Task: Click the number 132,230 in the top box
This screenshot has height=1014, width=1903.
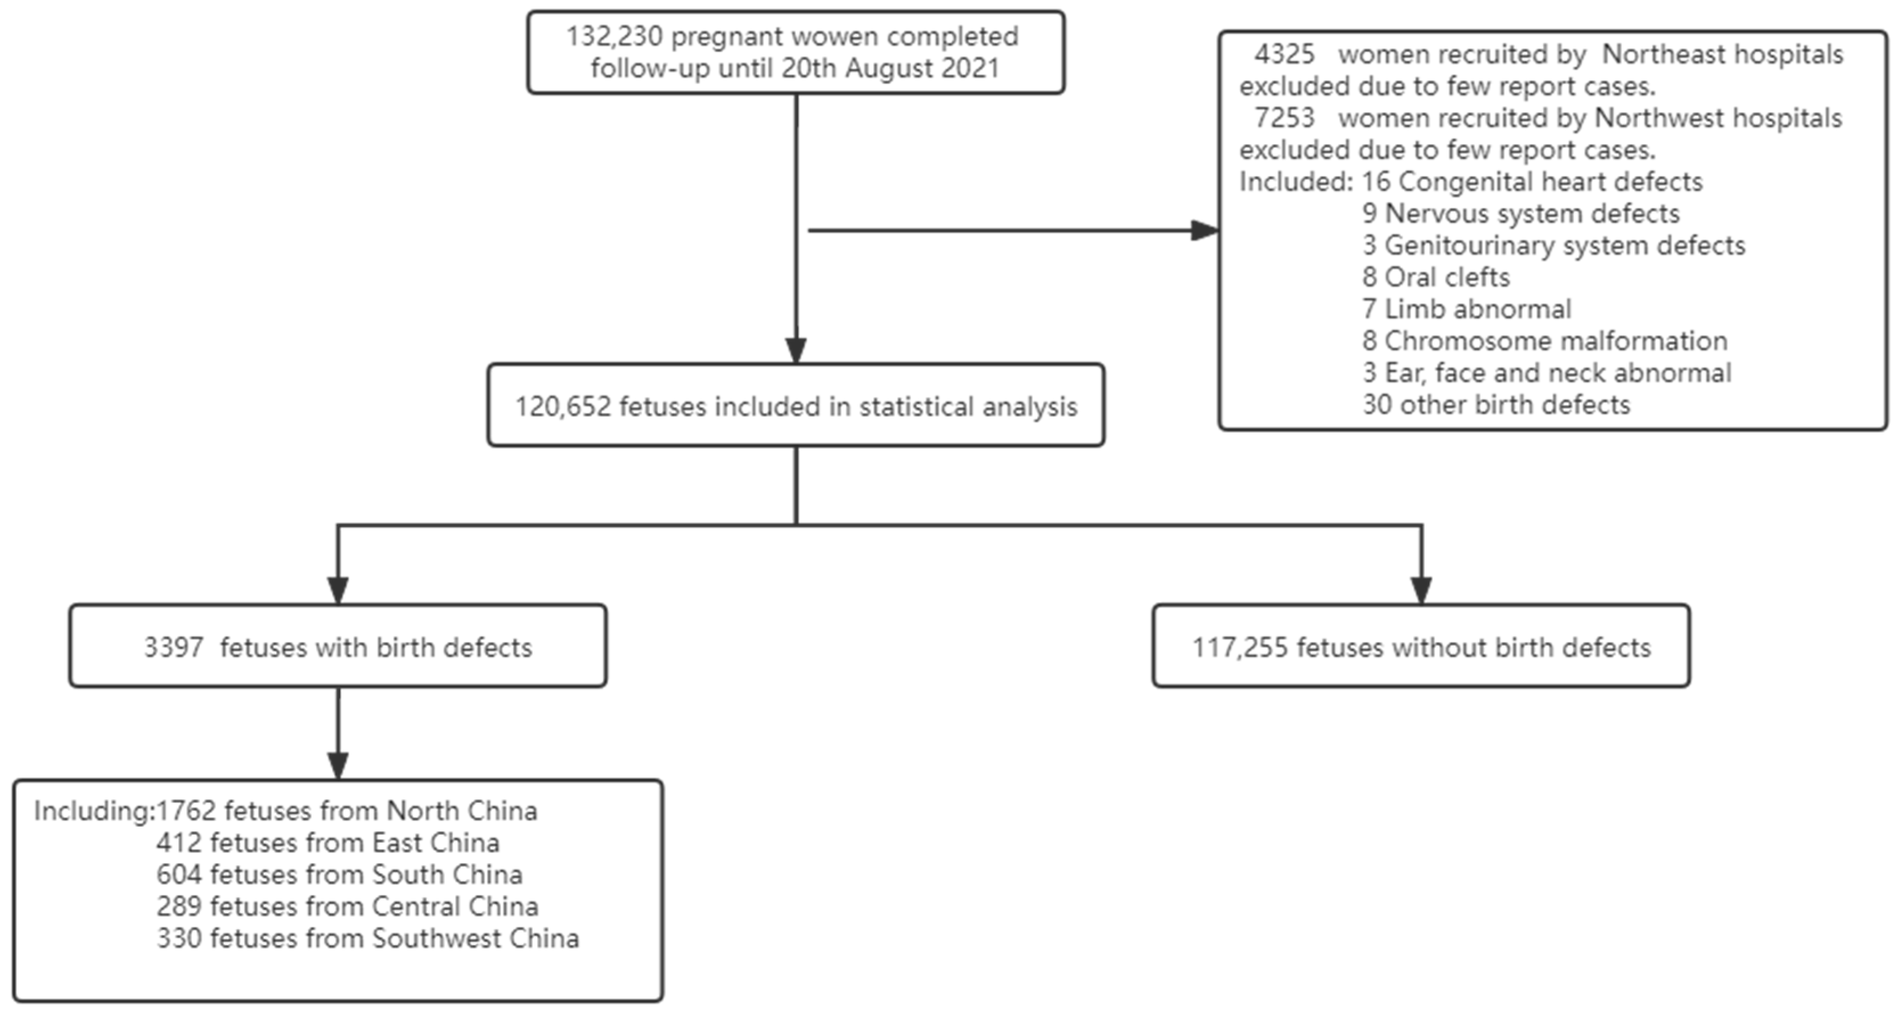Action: tap(614, 36)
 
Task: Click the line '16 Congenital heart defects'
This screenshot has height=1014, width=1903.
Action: tap(1532, 182)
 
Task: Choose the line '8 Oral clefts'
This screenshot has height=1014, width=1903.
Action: tap(1435, 277)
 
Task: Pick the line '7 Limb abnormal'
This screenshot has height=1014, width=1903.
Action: tap(1466, 309)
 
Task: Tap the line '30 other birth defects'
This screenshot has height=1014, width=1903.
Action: tap(1496, 405)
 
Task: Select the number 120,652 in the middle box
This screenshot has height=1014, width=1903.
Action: tap(563, 406)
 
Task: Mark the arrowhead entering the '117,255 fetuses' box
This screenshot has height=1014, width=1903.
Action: tap(1421, 589)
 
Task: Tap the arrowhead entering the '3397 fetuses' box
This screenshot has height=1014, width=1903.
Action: tap(338, 589)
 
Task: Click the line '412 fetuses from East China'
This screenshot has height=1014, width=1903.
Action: tap(328, 843)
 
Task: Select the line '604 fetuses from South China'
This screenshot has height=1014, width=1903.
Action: tap(339, 875)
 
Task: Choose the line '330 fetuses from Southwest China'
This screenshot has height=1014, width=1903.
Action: tap(367, 938)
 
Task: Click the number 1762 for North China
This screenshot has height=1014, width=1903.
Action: tap(186, 811)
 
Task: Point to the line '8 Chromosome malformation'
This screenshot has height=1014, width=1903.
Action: tap(1545, 340)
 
